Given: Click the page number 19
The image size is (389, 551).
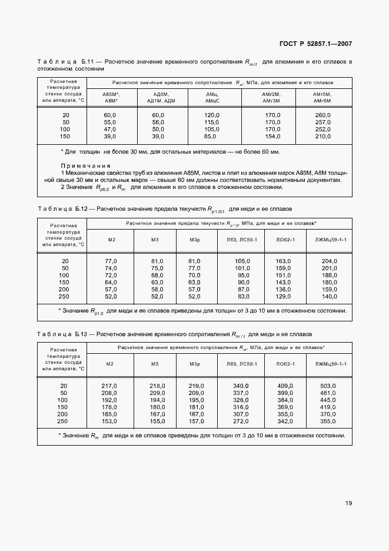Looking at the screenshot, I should click(348, 503).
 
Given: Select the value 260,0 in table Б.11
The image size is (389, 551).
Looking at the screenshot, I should click(323, 115).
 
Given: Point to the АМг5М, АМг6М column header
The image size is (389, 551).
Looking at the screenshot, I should click(323, 97).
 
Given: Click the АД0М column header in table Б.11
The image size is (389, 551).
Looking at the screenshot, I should click(161, 94).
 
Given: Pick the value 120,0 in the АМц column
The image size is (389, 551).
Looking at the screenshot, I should click(212, 115).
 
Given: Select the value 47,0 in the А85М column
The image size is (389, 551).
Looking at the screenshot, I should click(110, 129).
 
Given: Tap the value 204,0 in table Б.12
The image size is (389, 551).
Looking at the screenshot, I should click(329, 261).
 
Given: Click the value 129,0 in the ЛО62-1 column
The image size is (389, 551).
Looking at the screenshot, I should click(283, 296).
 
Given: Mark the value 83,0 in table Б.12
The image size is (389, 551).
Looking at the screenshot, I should click(240, 296).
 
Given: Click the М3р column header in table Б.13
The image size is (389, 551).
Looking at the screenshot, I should click(196, 364).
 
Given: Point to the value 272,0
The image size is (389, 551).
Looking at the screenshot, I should click(240, 421).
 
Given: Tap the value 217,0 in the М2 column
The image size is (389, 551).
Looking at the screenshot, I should click(110, 386).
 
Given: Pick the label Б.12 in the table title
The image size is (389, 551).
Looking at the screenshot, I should click(81, 209).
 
